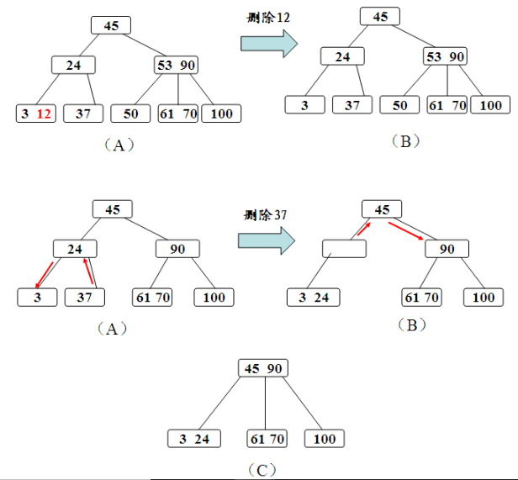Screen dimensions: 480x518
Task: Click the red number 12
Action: (x=45, y=113)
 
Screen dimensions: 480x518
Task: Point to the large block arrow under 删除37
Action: (x=266, y=240)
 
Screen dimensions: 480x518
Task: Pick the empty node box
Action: (x=344, y=249)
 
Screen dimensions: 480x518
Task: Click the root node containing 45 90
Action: (x=265, y=369)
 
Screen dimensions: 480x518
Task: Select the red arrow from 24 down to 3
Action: (x=44, y=274)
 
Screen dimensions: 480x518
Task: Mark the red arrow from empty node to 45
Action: (x=360, y=228)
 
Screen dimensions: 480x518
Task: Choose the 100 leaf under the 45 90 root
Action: (x=324, y=439)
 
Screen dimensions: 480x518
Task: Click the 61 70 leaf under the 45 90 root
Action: (x=267, y=439)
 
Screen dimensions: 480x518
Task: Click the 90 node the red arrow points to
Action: (x=447, y=249)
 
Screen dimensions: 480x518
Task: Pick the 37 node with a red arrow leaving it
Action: (x=83, y=298)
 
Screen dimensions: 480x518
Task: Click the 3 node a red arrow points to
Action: (x=38, y=298)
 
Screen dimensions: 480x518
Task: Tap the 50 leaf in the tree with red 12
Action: (x=131, y=113)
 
